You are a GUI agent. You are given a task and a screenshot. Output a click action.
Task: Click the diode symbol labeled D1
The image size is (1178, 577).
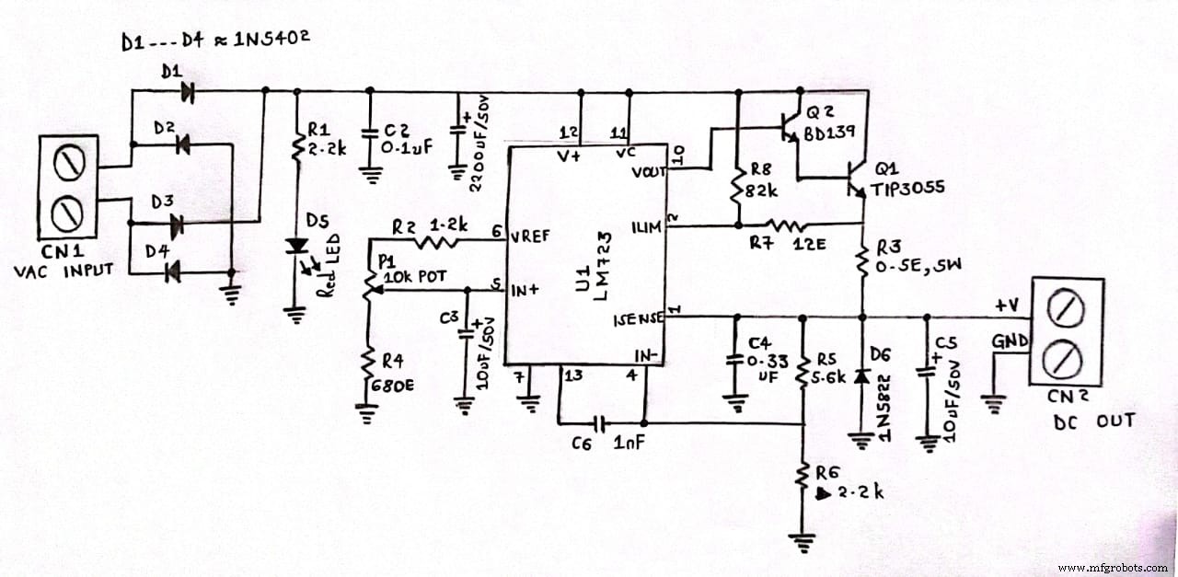[190, 90]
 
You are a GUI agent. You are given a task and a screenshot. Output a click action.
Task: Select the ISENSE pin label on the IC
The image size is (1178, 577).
[636, 319]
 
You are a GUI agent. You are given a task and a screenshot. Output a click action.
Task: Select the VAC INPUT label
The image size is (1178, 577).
[64, 270]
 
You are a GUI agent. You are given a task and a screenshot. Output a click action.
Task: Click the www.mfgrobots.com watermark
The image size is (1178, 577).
[1114, 567]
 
